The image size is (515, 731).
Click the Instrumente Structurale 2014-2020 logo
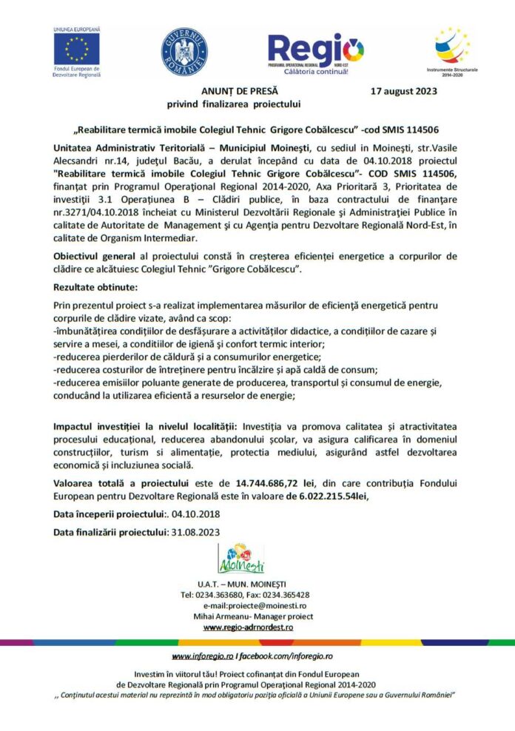click(451, 47)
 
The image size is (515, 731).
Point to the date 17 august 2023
click(403, 92)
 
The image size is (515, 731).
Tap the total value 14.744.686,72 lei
click(271, 482)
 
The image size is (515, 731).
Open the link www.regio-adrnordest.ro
click(248, 627)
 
